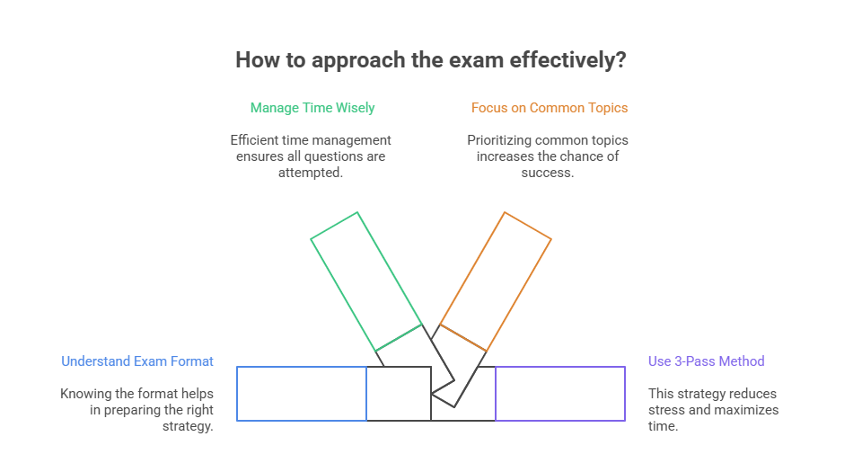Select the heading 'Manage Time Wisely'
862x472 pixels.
click(312, 108)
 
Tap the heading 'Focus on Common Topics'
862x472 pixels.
click(550, 108)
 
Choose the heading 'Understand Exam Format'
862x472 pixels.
click(137, 361)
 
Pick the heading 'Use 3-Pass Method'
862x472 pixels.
click(707, 361)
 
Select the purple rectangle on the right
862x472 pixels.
click(560, 394)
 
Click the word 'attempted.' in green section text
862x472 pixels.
click(311, 173)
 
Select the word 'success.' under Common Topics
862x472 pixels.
click(548, 173)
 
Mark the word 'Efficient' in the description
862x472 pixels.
click(257, 140)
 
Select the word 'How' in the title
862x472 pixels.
click(255, 60)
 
